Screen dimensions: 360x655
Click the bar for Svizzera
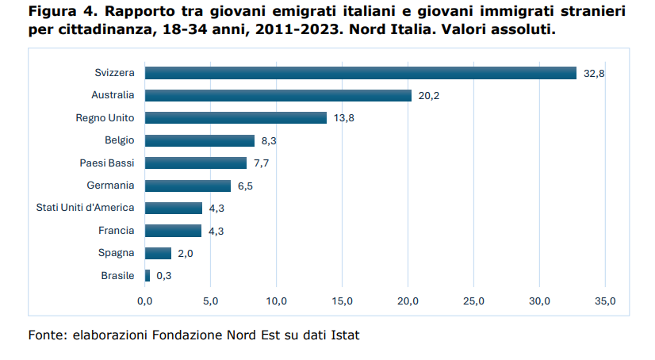tap(361, 73)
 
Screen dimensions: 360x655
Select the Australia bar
tap(278, 95)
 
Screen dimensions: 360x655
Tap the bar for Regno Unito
tap(236, 117)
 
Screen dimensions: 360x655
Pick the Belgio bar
tap(200, 140)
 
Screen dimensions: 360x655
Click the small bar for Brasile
tap(147, 276)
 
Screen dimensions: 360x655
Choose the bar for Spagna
tap(159, 253)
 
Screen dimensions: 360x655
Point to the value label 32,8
tap(594, 73)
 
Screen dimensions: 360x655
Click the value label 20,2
tap(429, 95)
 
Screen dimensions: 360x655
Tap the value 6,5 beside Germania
tap(245, 186)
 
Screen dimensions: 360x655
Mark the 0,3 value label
tap(164, 276)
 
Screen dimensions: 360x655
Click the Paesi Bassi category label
tap(107, 163)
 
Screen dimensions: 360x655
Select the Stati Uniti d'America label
tap(86, 208)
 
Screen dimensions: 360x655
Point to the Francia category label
tap(116, 231)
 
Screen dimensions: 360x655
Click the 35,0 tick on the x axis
tap(605, 301)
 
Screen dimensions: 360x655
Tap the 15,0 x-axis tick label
tap(342, 301)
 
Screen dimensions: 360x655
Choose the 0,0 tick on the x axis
tap(145, 301)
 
